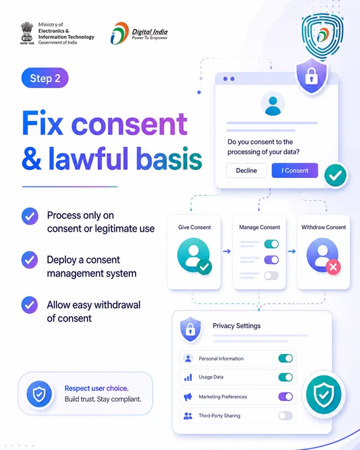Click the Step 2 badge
tap(45, 78)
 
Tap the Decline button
tap(246, 171)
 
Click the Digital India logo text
tap(150, 34)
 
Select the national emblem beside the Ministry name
tap(26, 33)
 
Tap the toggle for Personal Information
tap(285, 358)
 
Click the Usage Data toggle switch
tap(285, 377)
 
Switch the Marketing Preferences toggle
tap(285, 396)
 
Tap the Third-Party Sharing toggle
tap(285, 416)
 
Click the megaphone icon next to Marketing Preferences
tap(188, 397)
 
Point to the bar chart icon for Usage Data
tap(188, 377)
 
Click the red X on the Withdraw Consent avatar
tap(333, 267)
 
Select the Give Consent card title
tap(195, 227)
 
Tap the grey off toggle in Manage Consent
tap(271, 275)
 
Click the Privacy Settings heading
tap(236, 326)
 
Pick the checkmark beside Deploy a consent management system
tap(30, 260)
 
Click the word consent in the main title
tap(129, 124)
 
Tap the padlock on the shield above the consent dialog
tap(312, 75)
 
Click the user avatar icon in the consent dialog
tap(273, 104)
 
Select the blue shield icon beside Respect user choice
tap(39, 394)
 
